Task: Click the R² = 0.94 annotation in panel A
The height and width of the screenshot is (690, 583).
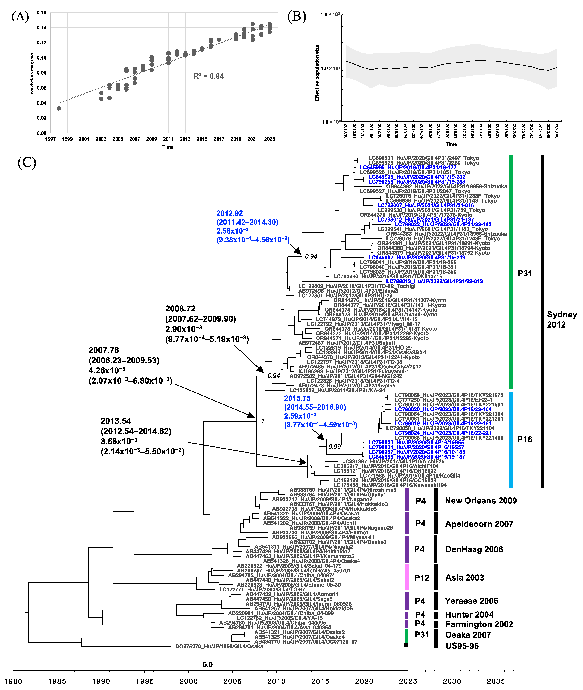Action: pyautogui.click(x=209, y=76)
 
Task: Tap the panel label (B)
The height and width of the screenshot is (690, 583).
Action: pyautogui.click(x=296, y=16)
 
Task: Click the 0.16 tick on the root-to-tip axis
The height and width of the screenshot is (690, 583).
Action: pyautogui.click(x=42, y=13)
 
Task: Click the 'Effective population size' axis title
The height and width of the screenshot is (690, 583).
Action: pyautogui.click(x=317, y=73)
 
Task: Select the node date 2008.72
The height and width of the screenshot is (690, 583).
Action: pyautogui.click(x=180, y=309)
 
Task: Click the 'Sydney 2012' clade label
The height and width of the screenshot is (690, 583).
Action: pyautogui.click(x=562, y=320)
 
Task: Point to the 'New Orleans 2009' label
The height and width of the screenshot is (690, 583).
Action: pyautogui.click(x=481, y=501)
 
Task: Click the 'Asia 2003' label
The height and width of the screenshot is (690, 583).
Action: pyautogui.click(x=464, y=578)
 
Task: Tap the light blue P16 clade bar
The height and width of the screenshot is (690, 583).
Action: pyautogui.click(x=511, y=439)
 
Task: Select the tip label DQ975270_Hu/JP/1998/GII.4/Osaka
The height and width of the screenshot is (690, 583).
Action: pyautogui.click(x=219, y=646)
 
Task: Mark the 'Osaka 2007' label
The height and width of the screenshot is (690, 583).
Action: pyautogui.click(x=468, y=635)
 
